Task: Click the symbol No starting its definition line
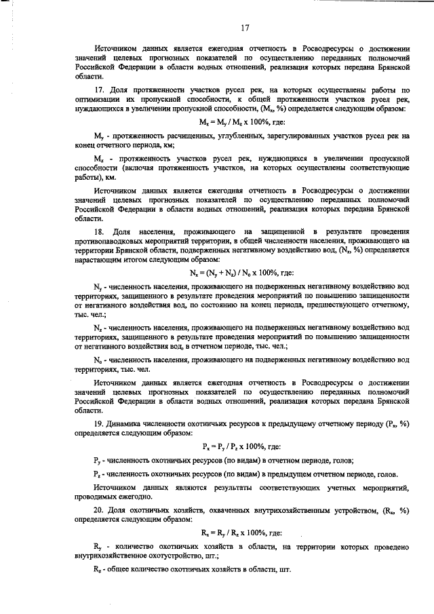(x=97, y=359)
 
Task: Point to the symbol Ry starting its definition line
(x=97, y=546)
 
